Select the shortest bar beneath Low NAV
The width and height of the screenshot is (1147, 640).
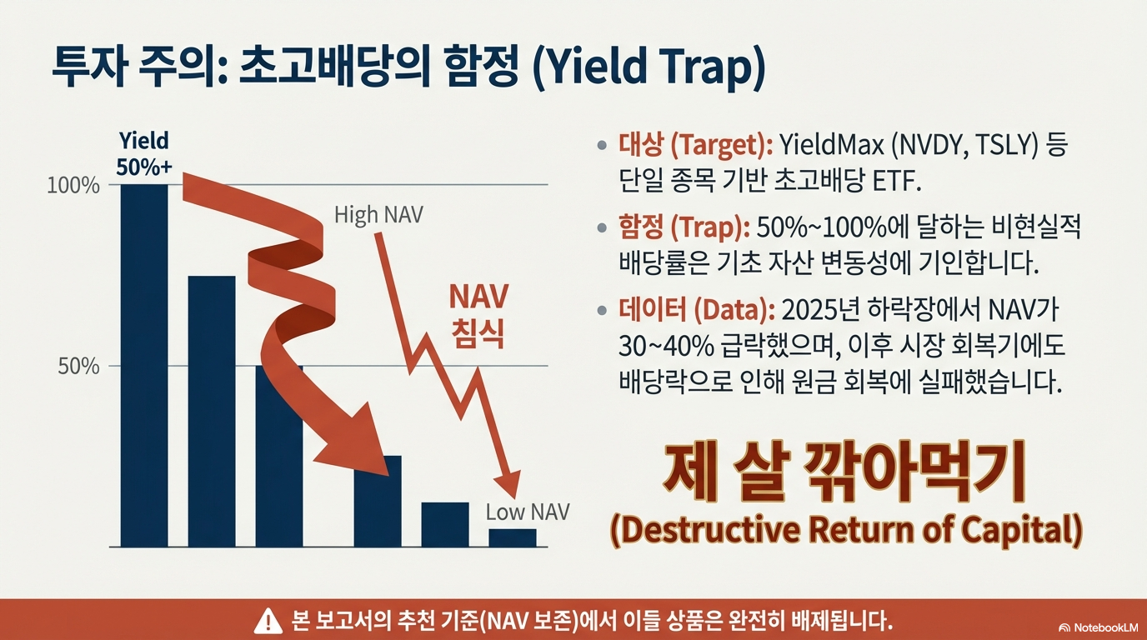click(x=512, y=537)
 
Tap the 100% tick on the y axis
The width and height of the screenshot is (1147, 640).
click(x=73, y=185)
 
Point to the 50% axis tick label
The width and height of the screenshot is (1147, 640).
click(x=78, y=367)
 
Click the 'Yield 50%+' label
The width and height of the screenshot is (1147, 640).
click(x=143, y=153)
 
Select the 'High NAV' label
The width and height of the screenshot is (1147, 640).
click(x=378, y=215)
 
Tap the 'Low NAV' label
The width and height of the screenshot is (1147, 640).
click(x=527, y=512)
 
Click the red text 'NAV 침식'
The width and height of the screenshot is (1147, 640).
click(x=478, y=317)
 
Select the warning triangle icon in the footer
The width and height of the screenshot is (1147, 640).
click(x=268, y=620)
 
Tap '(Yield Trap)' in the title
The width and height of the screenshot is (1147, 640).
click(x=648, y=70)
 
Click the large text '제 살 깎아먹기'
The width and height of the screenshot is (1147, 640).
click(x=844, y=475)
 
